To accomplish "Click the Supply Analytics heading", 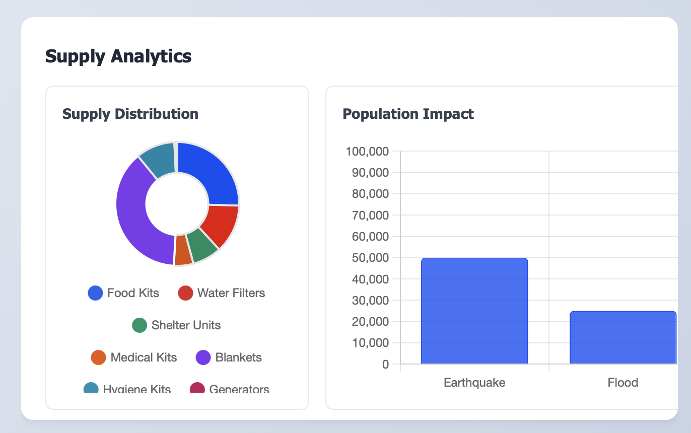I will click(118, 56).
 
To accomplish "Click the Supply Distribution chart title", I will click(130, 114).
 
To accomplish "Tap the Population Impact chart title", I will click(408, 114).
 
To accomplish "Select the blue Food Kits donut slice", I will click(212, 171).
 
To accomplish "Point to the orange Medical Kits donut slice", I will click(183, 250).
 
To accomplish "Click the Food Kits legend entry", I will click(124, 293).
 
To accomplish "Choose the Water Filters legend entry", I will click(222, 293).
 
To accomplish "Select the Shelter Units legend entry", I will click(176, 325).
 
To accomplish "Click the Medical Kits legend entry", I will click(134, 357).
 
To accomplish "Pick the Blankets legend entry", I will click(229, 357).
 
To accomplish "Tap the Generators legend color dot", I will click(197, 389).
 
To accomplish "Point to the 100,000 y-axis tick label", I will click(367, 151).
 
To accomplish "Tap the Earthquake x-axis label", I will click(474, 383).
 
